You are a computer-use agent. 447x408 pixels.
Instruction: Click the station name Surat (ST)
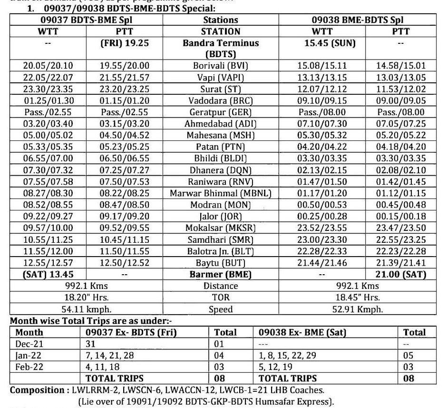click(221, 89)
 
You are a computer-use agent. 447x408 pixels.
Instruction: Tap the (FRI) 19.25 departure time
click(125, 43)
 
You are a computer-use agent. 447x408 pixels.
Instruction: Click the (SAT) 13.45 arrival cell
click(48, 274)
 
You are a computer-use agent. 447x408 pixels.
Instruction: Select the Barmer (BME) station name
click(221, 274)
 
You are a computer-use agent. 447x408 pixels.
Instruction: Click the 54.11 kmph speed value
click(86, 309)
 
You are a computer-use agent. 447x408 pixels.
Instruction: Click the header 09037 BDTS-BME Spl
click(86, 20)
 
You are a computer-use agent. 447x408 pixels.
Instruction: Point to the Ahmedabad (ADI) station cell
click(221, 124)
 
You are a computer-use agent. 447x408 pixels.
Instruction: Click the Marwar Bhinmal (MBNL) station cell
click(221, 193)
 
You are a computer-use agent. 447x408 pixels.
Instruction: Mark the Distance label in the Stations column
click(221, 286)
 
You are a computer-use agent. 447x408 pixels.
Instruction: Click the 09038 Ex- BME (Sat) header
click(302, 332)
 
